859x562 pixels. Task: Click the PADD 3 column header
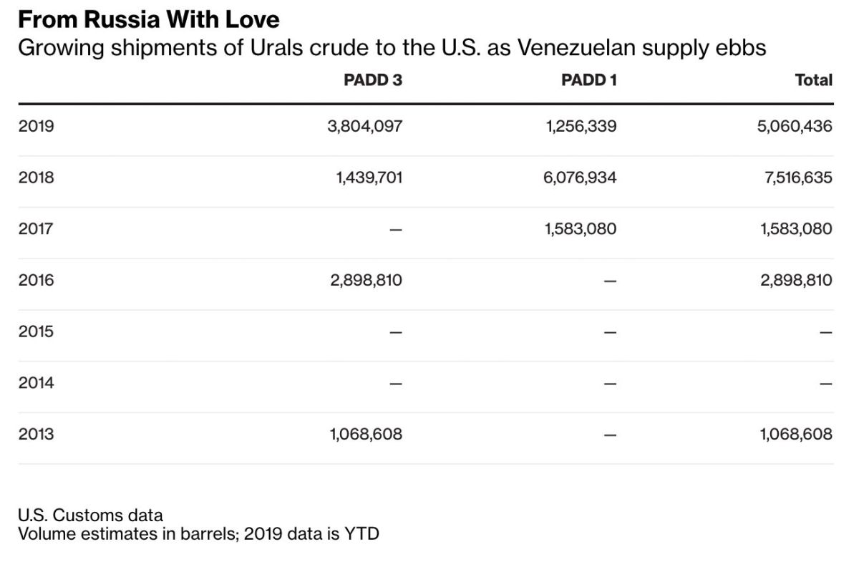tap(372, 80)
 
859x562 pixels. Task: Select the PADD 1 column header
tap(588, 80)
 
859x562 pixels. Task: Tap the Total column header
tap(813, 80)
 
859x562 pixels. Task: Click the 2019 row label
tap(37, 127)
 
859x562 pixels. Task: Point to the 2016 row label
tap(37, 280)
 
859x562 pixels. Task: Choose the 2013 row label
tap(37, 434)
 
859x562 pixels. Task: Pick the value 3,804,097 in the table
tap(365, 127)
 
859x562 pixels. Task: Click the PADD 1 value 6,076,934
tap(580, 178)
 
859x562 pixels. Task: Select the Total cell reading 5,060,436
tap(795, 127)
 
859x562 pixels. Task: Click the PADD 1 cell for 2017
tap(580, 229)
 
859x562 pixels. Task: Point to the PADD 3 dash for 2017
tap(396, 230)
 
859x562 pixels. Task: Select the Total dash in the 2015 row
tap(826, 332)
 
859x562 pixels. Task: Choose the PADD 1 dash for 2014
tap(610, 384)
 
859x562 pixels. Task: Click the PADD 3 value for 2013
tap(366, 434)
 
